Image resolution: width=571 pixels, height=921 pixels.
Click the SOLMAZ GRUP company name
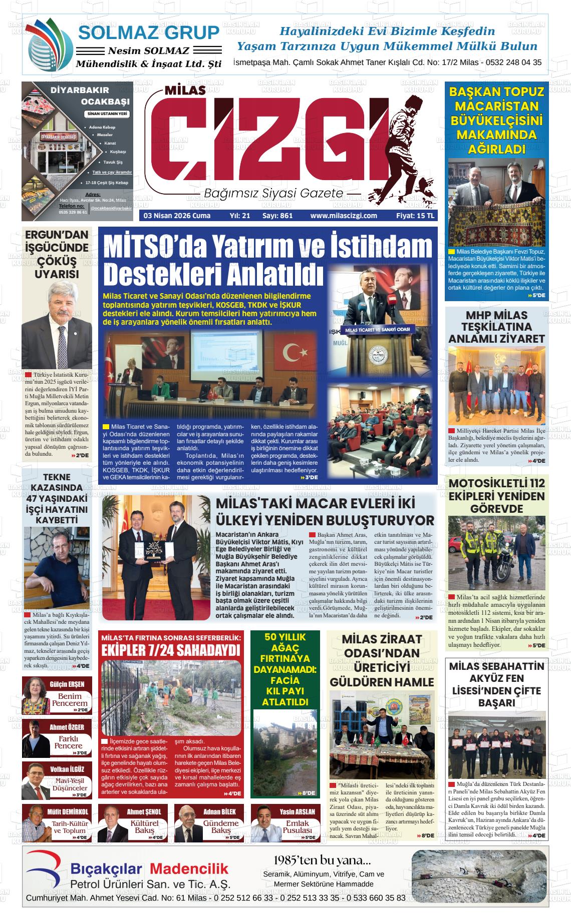click(x=149, y=33)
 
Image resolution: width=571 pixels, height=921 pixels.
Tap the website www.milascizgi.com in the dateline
click(x=343, y=216)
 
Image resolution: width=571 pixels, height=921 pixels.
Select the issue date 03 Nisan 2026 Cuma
click(x=177, y=216)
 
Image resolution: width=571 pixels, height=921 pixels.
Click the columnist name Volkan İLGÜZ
click(x=67, y=769)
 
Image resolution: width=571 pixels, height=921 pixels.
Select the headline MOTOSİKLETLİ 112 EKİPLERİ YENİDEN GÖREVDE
click(x=496, y=496)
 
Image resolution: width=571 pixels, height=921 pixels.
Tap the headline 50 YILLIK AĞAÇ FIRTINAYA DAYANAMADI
click(x=284, y=669)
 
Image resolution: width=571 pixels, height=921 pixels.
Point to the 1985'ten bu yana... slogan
click(x=323, y=860)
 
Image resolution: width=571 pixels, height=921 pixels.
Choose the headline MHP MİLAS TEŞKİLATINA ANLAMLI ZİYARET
click(x=496, y=327)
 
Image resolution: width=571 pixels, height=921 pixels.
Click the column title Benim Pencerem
click(x=70, y=699)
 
